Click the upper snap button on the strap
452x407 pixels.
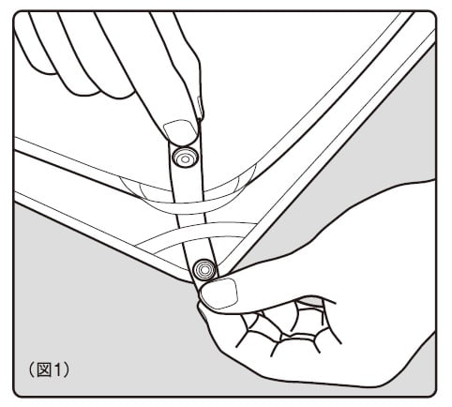tap(185, 157)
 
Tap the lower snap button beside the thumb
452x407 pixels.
tap(204, 269)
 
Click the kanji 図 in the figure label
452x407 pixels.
tap(44, 370)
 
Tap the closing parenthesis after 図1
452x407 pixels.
tap(66, 370)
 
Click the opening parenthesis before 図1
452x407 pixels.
tap(32, 370)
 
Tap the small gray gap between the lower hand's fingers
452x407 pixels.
tap(309, 301)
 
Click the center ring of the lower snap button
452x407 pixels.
tap(204, 269)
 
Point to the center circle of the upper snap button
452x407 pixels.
tap(185, 159)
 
